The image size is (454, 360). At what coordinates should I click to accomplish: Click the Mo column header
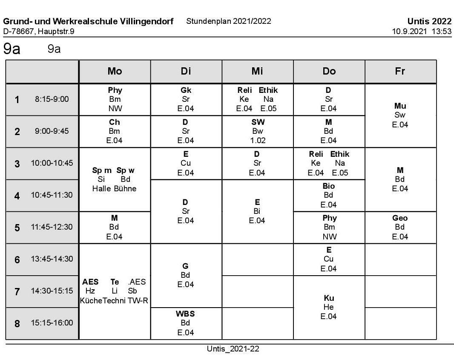(115, 72)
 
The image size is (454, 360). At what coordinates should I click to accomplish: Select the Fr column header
(400, 72)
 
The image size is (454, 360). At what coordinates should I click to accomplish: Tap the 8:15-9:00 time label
(52, 99)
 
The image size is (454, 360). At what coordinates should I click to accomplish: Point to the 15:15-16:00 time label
(52, 323)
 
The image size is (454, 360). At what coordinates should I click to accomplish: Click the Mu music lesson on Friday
(400, 106)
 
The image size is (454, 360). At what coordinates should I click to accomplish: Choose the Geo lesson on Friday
(400, 218)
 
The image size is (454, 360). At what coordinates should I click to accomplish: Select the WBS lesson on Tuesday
(185, 314)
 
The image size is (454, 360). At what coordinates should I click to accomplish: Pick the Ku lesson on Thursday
(329, 298)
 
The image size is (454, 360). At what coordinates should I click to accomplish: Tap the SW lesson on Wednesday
(257, 122)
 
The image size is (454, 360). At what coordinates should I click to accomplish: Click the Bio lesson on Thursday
(329, 186)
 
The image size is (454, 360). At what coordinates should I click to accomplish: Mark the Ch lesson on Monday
(114, 122)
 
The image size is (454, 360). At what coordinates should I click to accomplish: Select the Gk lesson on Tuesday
(186, 90)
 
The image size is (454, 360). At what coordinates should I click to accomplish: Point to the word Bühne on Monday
(125, 189)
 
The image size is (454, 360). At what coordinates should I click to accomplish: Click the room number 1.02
(257, 140)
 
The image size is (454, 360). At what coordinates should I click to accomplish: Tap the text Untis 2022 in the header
(429, 22)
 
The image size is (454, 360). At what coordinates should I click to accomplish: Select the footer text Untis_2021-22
(233, 349)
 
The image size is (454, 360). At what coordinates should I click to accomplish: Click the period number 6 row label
(17, 259)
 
